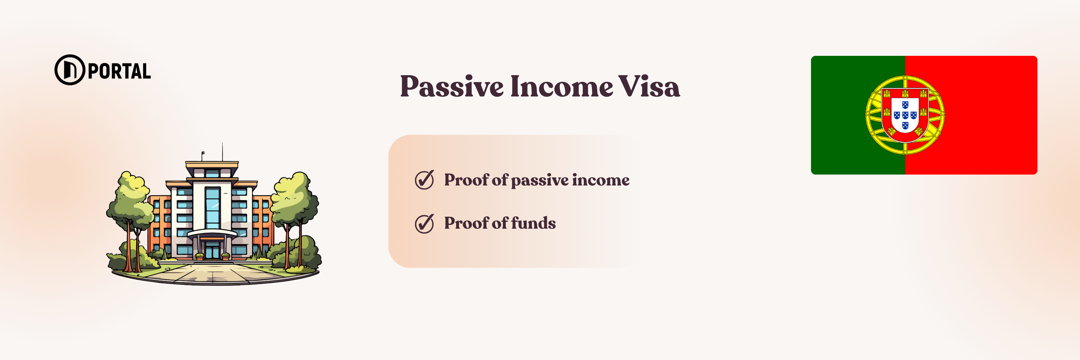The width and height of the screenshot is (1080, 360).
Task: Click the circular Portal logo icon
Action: tap(70, 70)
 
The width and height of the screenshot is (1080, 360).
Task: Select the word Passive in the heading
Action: tap(452, 87)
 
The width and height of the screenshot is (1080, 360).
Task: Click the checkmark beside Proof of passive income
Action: tap(424, 180)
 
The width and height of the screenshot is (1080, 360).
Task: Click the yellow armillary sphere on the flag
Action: tap(905, 115)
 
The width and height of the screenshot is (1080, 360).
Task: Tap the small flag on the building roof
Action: tap(203, 154)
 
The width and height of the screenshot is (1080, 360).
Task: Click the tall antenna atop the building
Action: tap(222, 152)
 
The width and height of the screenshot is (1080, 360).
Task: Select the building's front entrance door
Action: tap(212, 250)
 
